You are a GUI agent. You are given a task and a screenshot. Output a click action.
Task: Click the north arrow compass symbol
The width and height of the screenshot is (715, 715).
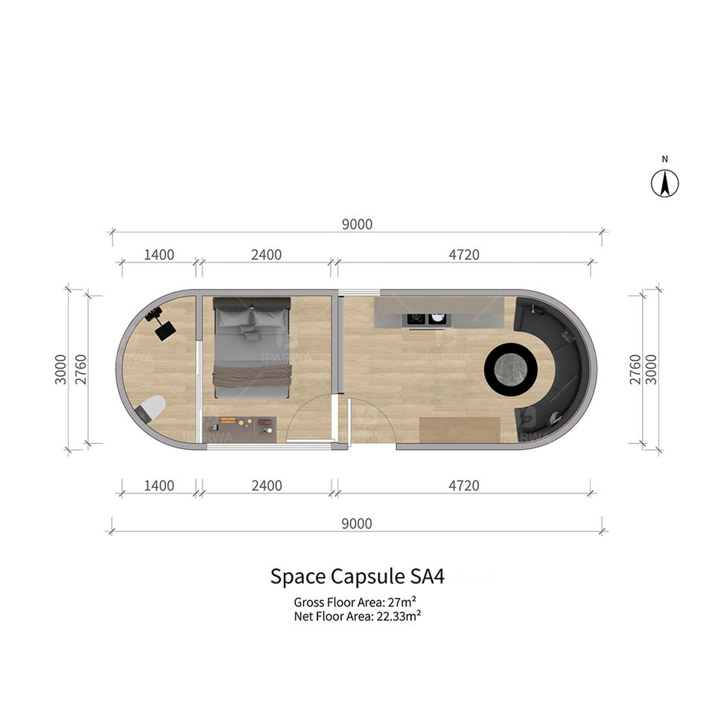pos(665,183)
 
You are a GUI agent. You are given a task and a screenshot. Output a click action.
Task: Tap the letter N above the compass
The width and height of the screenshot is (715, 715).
pos(665,159)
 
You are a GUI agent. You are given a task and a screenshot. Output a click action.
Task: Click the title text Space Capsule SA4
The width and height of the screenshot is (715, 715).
pos(357,577)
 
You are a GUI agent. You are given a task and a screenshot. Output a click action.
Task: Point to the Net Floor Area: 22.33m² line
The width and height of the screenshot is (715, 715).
pos(357,616)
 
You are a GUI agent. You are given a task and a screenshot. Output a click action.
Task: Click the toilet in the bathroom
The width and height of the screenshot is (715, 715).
pos(152,410)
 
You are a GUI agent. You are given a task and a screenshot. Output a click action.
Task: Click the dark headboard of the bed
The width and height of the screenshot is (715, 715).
pos(252,303)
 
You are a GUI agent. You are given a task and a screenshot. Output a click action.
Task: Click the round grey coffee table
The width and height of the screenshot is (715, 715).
pos(511,366)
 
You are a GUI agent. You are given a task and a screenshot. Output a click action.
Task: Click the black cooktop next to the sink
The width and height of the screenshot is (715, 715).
pos(416,319)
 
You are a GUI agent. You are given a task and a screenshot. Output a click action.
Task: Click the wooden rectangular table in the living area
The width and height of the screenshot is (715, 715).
pos(460,430)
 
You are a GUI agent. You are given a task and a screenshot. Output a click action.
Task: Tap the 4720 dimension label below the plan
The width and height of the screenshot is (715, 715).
pos(463,486)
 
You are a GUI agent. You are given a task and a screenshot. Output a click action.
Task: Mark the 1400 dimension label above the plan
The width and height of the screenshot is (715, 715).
pos(159,255)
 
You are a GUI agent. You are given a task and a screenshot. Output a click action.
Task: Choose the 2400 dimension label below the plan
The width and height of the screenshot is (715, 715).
pos(267,486)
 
